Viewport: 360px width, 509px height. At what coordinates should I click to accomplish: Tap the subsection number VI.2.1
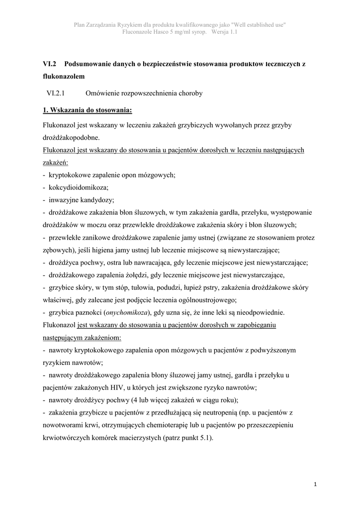pos(56,93)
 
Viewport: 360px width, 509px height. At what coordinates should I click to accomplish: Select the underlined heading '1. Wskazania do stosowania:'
pos(88,109)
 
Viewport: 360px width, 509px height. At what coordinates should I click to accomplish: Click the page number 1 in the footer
pos(316,484)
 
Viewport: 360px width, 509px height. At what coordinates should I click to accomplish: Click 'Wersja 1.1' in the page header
pos(224,32)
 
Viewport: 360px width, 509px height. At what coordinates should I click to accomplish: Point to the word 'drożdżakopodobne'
pos(71,137)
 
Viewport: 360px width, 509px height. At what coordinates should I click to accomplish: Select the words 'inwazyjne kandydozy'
pos(82,200)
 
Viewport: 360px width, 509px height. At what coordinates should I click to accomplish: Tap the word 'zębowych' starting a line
pos(56,250)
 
